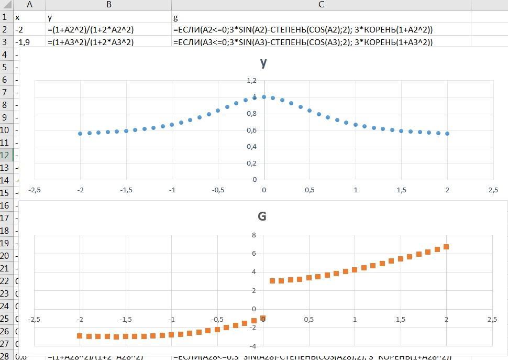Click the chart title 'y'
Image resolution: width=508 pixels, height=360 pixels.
point(263,63)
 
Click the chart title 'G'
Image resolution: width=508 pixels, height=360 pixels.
point(262,216)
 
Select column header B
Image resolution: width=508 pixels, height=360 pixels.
point(109,5)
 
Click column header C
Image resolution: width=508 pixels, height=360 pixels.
point(321,5)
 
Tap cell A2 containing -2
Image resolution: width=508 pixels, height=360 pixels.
point(29,30)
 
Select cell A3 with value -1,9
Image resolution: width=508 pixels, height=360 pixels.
point(29,42)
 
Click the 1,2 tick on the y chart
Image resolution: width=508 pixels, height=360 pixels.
point(252,80)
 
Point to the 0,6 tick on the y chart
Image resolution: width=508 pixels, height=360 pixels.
point(252,130)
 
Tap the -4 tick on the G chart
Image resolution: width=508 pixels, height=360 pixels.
point(252,346)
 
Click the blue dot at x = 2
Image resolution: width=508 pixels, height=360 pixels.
point(447,134)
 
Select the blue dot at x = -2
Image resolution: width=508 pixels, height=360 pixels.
point(80,134)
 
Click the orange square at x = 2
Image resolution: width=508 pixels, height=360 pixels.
point(447,247)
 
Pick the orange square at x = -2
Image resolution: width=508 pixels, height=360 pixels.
point(80,336)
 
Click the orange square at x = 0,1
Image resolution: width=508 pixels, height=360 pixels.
point(272,281)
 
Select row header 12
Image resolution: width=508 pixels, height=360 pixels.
point(6,155)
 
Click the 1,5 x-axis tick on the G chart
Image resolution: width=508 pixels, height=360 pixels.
point(400,320)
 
